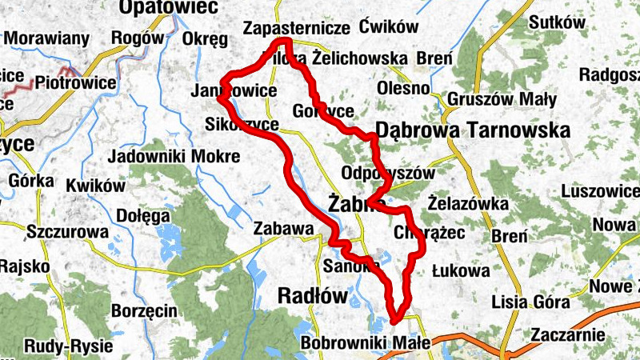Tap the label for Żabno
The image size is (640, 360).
[x=357, y=203]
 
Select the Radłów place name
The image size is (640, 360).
[x=313, y=296]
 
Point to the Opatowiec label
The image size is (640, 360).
[x=157, y=8]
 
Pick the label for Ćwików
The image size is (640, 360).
[x=390, y=26]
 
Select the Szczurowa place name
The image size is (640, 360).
[x=67, y=231]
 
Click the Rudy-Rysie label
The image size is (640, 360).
[x=68, y=346]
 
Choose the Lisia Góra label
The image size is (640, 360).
[x=531, y=302]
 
